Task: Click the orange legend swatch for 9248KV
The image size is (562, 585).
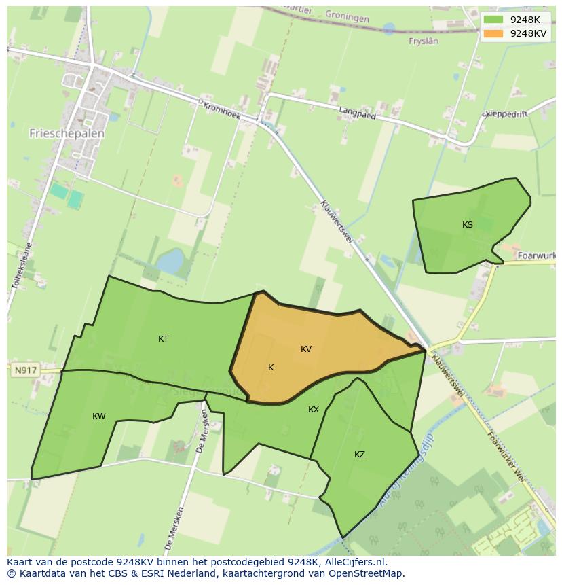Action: (x=494, y=33)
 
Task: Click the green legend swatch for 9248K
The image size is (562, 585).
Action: (x=494, y=20)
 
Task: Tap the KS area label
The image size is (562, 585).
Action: (x=468, y=225)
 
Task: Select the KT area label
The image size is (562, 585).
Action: (x=163, y=338)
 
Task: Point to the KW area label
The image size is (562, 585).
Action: (x=99, y=416)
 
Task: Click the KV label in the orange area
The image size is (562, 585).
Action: (x=306, y=349)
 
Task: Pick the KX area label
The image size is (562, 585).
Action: (x=314, y=409)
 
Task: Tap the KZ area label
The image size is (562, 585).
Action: (x=360, y=454)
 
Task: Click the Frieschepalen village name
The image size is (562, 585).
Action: (x=67, y=134)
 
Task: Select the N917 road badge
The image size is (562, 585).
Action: (x=25, y=370)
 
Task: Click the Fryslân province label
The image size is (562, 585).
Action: (x=424, y=41)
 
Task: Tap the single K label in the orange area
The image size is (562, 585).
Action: (x=271, y=368)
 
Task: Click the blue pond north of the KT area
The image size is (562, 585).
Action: (x=170, y=260)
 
